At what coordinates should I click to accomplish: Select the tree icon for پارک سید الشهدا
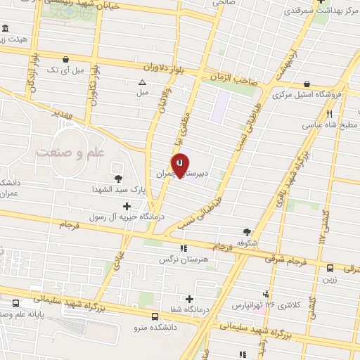117,178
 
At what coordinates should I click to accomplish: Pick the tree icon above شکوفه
246,232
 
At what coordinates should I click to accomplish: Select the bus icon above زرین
330,267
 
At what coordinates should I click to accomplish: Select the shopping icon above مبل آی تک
65,60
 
